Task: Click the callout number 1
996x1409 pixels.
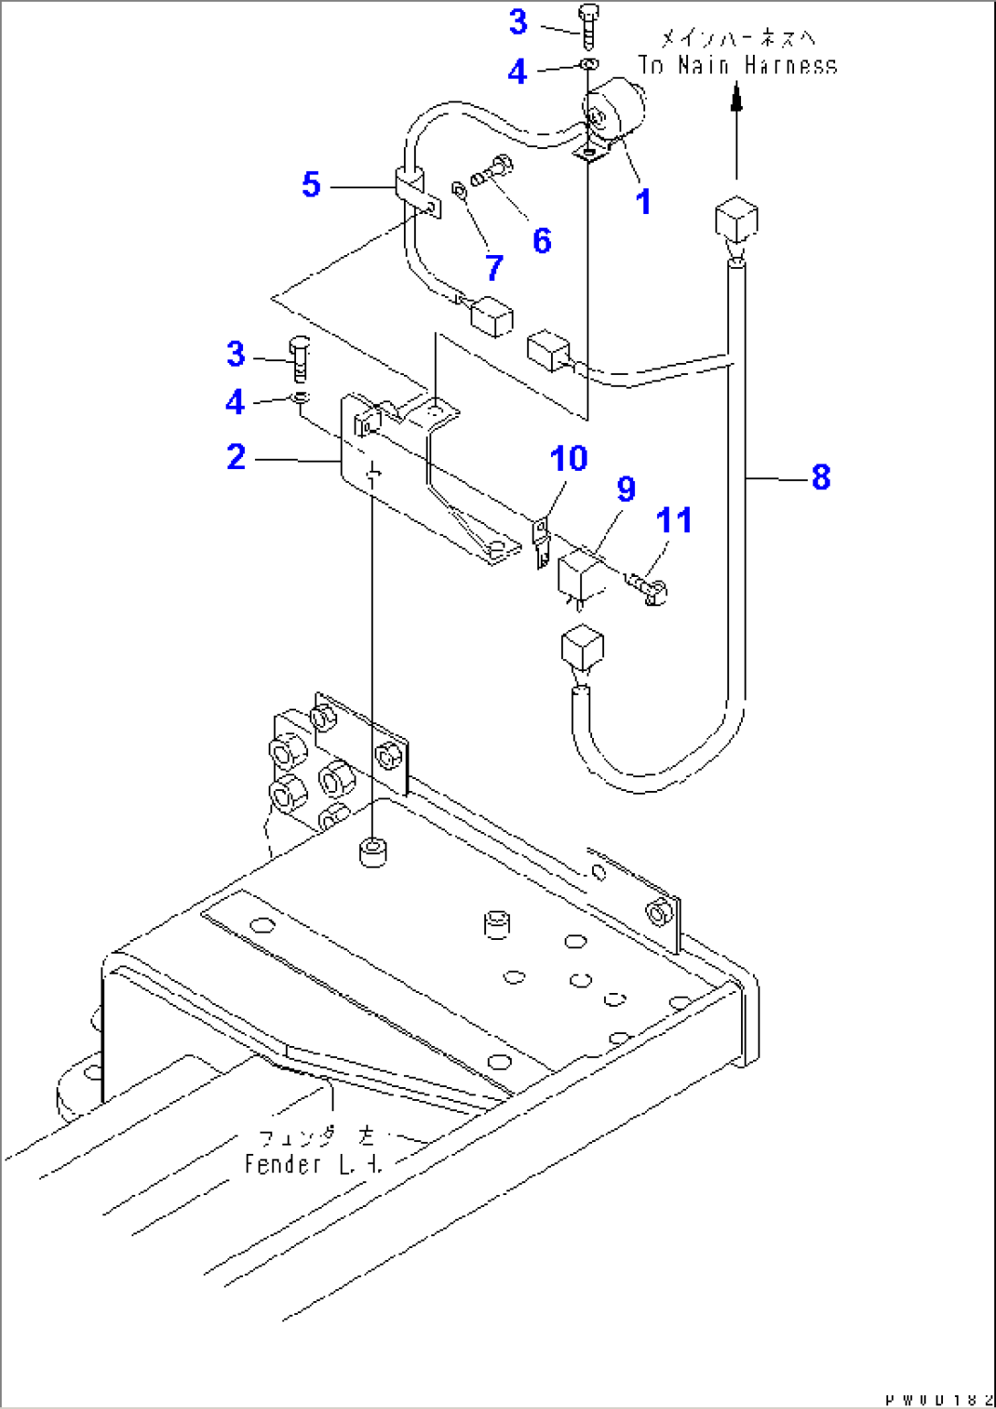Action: [643, 202]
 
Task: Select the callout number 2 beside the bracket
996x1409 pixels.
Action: [237, 456]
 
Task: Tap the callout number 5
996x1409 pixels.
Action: [312, 185]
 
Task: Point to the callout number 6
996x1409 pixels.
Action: [542, 240]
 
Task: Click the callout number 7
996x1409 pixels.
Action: [494, 268]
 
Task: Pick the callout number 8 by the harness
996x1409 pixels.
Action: [821, 476]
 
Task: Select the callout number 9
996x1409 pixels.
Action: [626, 489]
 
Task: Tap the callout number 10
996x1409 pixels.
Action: [568, 459]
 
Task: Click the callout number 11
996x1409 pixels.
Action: [674, 520]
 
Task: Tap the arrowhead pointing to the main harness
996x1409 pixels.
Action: [736, 96]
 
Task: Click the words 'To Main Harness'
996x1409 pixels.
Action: [736, 66]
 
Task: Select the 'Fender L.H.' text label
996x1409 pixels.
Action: [313, 1164]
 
